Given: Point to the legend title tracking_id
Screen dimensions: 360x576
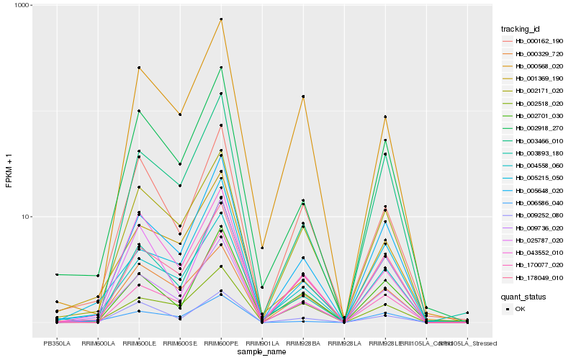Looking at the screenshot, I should coord(520,29).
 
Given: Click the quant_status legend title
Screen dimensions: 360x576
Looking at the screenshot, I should coord(523,296).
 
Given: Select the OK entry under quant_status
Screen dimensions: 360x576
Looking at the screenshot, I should coord(520,309).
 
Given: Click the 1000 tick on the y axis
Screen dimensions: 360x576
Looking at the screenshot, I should coord(22,6).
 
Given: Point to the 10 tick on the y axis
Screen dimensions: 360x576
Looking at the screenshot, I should coord(25,217).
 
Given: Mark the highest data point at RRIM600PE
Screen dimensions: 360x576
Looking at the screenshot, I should coord(221,19).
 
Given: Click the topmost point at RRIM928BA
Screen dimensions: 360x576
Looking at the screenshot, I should coord(303,96).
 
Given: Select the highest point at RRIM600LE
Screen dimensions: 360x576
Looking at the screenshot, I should coord(139,68).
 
